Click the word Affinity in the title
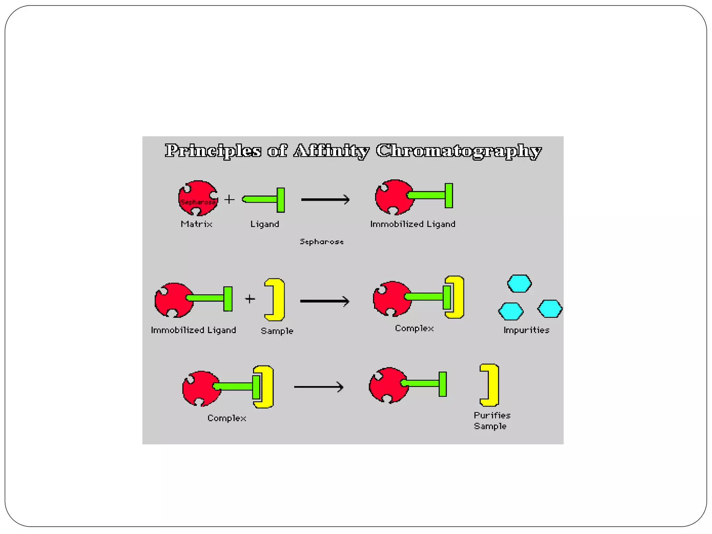(331, 151)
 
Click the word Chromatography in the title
(459, 151)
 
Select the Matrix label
(196, 224)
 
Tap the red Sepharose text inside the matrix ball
(198, 202)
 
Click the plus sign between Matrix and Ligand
(229, 200)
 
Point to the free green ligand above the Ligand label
(264, 200)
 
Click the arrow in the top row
(325, 200)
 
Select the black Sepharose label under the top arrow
(322, 242)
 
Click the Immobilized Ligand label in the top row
(413, 224)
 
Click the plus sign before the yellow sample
(250, 299)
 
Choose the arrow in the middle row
(324, 301)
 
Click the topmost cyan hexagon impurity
(519, 284)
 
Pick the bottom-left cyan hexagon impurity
(511, 311)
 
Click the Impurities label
(526, 330)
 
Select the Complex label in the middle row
(414, 329)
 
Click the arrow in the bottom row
(319, 387)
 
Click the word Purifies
(492, 415)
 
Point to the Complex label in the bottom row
(227, 418)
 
